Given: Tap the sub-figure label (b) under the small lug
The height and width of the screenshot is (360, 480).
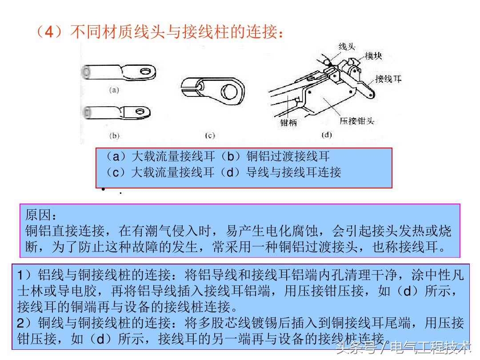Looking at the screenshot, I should point(114,136).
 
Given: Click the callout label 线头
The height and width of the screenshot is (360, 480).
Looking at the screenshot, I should point(347,47).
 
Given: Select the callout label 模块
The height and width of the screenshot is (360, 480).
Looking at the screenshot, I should point(373,56).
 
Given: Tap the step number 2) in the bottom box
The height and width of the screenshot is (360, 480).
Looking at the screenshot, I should point(24,323).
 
